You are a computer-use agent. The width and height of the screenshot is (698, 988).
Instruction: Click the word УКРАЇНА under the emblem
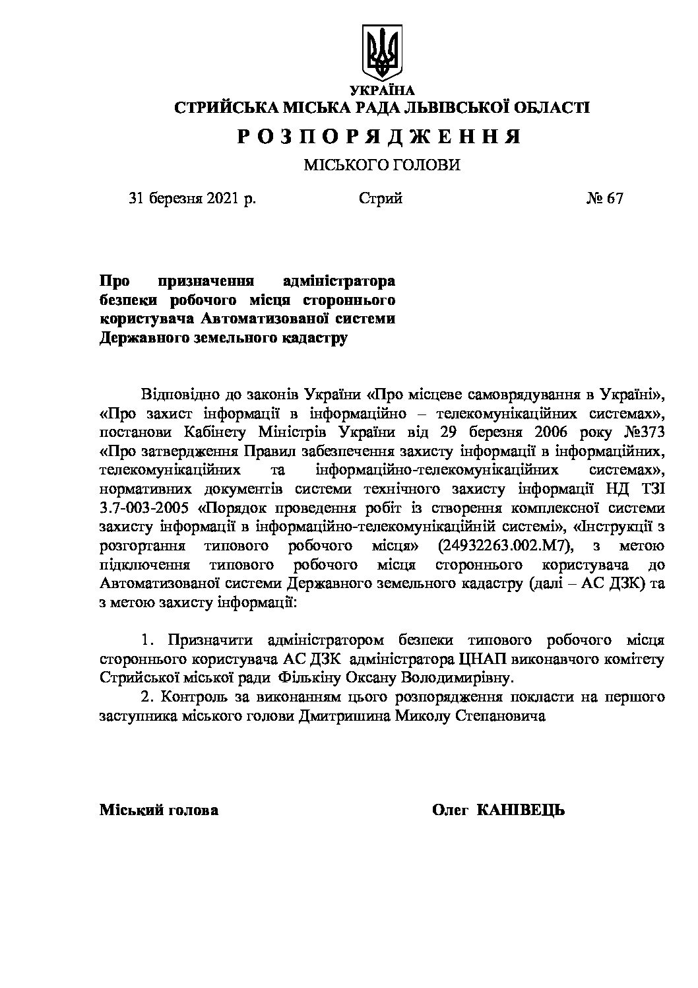point(381,90)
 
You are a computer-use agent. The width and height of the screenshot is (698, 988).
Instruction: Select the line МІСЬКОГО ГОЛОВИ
point(381,165)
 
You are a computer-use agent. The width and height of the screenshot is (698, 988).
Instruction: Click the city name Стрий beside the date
point(381,199)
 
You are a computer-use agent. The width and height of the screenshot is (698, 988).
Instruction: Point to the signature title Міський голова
point(159,810)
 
